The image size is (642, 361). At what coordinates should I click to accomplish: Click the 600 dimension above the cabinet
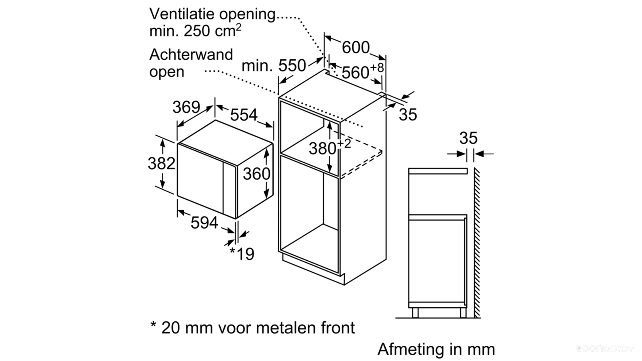point(356,47)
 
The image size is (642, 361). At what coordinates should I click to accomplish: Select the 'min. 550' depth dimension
point(274,66)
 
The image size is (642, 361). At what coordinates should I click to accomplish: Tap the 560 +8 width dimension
point(363,71)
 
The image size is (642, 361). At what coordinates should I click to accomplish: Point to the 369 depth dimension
point(186,107)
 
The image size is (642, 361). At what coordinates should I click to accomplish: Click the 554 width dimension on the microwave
point(244,115)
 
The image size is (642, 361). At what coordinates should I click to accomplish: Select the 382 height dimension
point(161,163)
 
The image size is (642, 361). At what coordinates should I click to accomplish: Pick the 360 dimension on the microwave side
point(256,174)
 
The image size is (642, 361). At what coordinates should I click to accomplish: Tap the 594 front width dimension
point(204,223)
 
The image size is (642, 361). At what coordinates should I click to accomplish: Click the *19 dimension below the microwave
point(242,254)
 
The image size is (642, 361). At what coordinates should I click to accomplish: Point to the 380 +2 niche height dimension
point(329,147)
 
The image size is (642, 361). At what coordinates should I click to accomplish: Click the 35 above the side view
point(468,138)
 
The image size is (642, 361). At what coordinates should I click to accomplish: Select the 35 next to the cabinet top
point(408,115)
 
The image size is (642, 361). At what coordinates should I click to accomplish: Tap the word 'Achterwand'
point(191,55)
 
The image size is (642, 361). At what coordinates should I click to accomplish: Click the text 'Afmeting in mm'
point(436,349)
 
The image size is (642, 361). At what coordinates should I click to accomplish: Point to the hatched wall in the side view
point(477,243)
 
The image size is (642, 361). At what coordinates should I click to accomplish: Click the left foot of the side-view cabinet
point(415,312)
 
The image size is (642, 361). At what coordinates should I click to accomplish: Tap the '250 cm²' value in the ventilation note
point(212,30)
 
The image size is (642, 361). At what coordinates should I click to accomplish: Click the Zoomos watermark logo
point(605,349)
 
